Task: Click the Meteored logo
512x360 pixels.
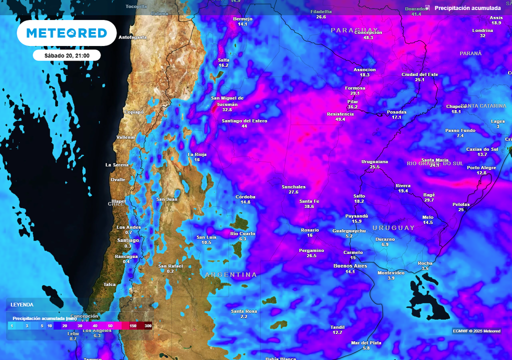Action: pos(66,33)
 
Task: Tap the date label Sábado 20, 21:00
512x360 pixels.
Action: pos(66,55)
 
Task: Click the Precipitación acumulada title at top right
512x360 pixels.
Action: pos(467,8)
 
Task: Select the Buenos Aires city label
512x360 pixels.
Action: pos(350,266)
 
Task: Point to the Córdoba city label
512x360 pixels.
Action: pos(245,196)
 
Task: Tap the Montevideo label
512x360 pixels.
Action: pos(391,272)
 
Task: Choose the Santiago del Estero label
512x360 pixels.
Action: pos(244,121)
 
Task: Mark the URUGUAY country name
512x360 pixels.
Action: pos(393,228)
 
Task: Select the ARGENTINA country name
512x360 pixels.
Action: pos(230,275)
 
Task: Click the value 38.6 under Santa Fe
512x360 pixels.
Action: pos(309,206)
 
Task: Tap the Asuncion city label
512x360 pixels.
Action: pos(364,69)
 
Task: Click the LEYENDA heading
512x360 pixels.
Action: pos(22,304)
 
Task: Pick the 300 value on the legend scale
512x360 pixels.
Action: pos(147,325)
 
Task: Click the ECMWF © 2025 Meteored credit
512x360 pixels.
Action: pos(476,331)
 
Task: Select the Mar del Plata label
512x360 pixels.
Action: pos(366,342)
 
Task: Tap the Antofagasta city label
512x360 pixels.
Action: pos(132,37)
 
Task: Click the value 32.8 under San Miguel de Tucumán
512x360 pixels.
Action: pos(227,109)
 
